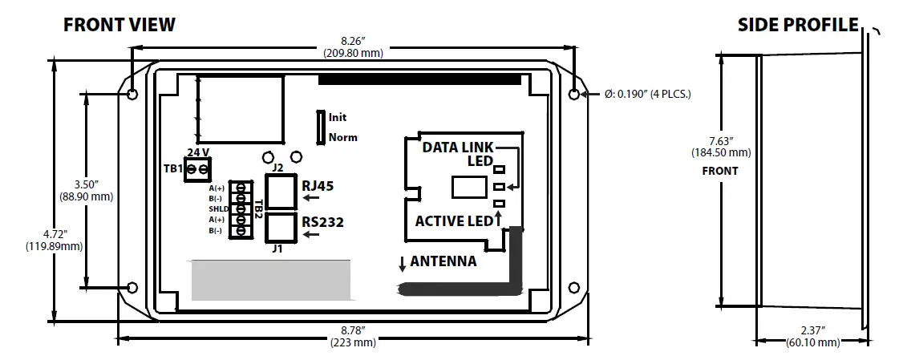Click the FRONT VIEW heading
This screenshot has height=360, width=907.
click(119, 25)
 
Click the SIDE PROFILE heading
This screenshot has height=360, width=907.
click(798, 25)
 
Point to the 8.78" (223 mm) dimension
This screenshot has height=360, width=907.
click(353, 336)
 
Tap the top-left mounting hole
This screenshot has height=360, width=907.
click(133, 95)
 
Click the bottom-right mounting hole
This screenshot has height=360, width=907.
click(574, 287)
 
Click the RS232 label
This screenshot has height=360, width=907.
click(322, 222)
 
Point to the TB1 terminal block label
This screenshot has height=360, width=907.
click(173, 168)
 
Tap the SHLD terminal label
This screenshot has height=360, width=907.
click(219, 208)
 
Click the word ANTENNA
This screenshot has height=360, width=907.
click(443, 261)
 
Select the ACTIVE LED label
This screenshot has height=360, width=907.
click(452, 220)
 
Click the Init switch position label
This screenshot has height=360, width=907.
click(338, 117)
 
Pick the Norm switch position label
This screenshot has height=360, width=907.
click(342, 137)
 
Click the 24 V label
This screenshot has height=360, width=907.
click(197, 152)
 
